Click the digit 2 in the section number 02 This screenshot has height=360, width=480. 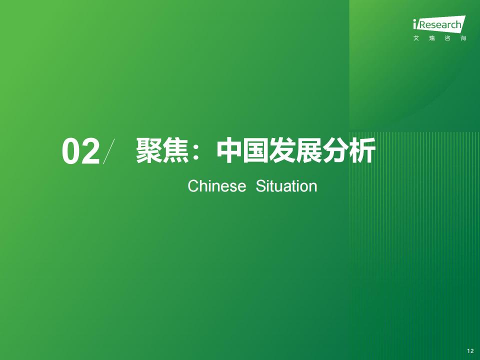click(90, 151)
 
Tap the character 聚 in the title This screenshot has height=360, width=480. click(149, 150)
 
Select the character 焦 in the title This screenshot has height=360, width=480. click(175, 150)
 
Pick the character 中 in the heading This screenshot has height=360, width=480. click(229, 150)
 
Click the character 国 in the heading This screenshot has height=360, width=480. click(255, 150)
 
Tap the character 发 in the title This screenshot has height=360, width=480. click(282, 150)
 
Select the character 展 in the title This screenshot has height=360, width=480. click(308, 150)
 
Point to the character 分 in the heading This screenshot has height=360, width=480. click(335, 150)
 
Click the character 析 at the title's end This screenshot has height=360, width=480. click(362, 150)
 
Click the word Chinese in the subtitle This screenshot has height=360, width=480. click(216, 186)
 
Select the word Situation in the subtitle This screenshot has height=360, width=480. click(286, 186)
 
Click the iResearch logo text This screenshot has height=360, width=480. click(439, 23)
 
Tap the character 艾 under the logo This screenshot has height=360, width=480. click(416, 38)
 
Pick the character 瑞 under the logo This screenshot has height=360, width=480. click(432, 38)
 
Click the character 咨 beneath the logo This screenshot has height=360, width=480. click(447, 38)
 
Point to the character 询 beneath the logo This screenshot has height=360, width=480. click(463, 38)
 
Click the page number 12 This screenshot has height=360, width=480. click(470, 351)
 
